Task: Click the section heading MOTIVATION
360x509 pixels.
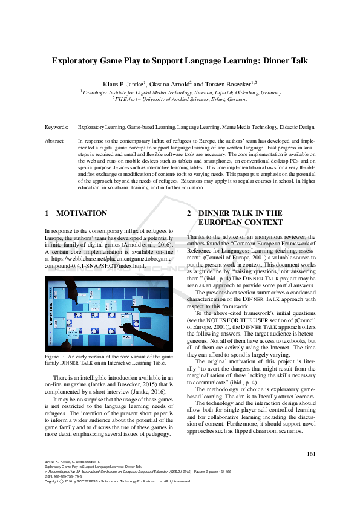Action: pos(82,213)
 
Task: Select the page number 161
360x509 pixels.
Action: pos(312,454)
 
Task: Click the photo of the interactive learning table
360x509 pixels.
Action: pos(109,313)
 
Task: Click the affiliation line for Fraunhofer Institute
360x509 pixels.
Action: pos(180,92)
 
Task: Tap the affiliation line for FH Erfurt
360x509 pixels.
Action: pos(180,99)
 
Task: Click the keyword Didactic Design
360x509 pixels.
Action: pos(297,128)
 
